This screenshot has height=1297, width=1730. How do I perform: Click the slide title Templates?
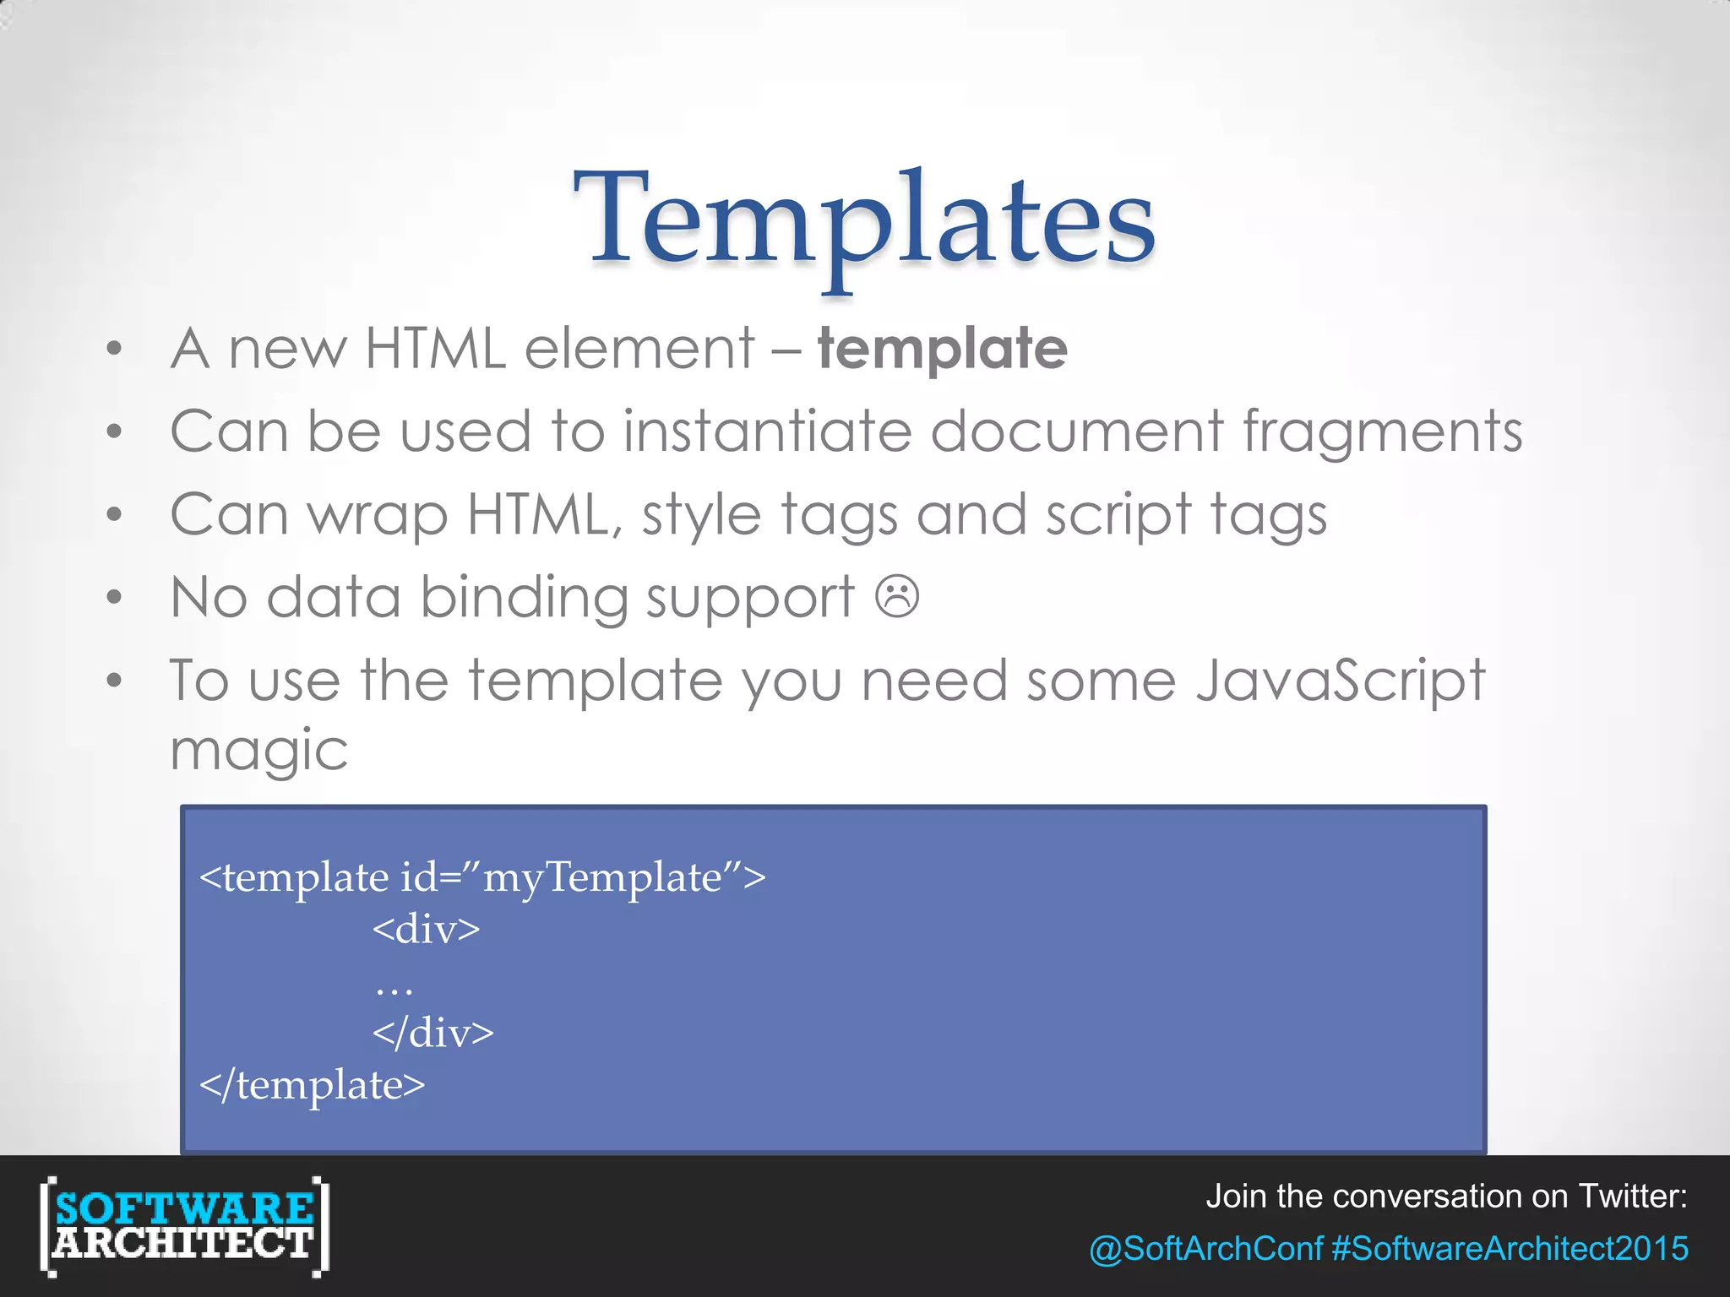864,220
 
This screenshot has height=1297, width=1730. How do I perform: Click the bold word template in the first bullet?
942,349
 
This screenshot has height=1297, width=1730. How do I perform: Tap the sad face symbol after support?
897,596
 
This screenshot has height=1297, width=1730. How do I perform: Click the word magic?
258,750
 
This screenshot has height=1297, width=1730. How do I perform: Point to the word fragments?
1382,431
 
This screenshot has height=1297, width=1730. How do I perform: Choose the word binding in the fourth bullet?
524,598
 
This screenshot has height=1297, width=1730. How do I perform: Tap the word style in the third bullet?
700,515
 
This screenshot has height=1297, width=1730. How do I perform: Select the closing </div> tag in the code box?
433,1032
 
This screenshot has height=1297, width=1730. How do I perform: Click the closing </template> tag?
313,1085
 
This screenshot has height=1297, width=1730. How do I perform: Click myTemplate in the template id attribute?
602,877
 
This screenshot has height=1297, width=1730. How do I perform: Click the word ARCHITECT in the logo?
183,1244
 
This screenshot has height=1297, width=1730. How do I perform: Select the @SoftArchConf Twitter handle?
1205,1249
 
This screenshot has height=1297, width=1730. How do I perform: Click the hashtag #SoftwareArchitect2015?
1510,1249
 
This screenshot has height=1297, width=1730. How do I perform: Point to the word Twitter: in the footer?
1632,1197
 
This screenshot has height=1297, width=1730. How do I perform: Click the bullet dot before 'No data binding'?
115,598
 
